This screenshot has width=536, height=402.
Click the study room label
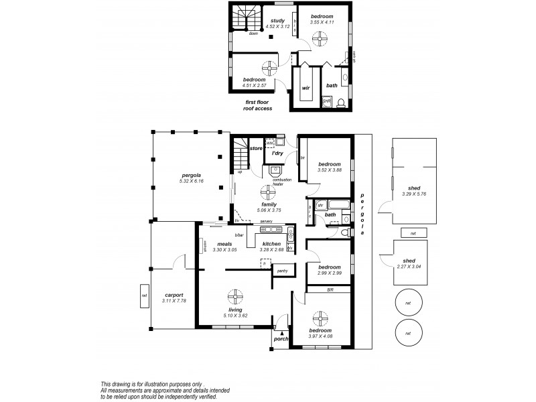coord(277,21)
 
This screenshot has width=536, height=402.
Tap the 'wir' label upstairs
coord(305,88)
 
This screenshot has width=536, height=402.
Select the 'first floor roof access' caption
coord(258,105)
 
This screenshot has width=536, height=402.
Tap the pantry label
coord(281,271)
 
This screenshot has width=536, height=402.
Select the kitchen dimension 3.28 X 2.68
coord(271,250)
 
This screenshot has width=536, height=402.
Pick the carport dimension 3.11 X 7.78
coord(174,301)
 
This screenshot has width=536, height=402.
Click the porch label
coord(281,340)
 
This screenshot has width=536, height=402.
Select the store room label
coord(255,148)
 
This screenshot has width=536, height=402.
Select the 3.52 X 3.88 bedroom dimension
coord(330,170)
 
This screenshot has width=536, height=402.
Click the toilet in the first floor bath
coord(340,101)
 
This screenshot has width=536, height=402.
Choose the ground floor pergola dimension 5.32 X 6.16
coord(191,182)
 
